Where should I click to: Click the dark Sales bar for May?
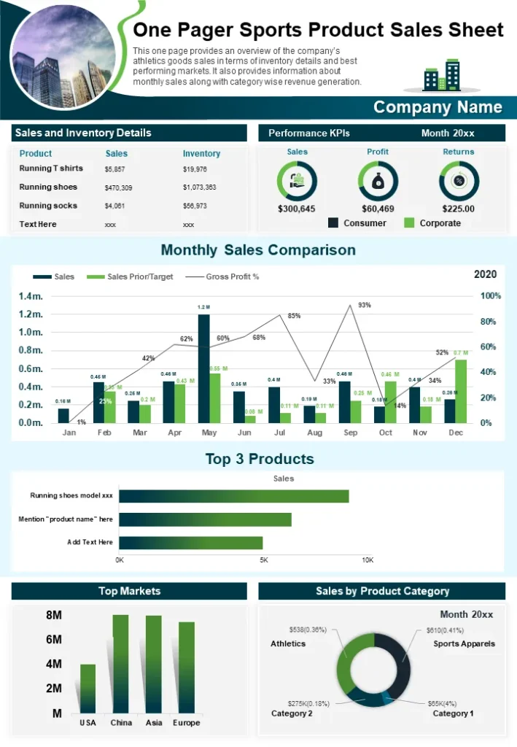(203, 368)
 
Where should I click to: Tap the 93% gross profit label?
(365, 305)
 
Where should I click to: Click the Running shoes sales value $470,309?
(119, 187)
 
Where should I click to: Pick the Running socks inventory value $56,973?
(195, 206)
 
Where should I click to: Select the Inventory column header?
(201, 154)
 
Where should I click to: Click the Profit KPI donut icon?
(378, 181)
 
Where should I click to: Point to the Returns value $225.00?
(458, 209)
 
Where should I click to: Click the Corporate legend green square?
(409, 222)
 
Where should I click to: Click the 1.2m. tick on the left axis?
(31, 314)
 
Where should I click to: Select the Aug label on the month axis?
(314, 433)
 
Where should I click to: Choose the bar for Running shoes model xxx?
(233, 496)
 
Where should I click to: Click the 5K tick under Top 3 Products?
(264, 560)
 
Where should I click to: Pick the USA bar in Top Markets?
(88, 688)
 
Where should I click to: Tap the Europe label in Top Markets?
(187, 723)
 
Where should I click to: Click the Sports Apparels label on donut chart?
(464, 644)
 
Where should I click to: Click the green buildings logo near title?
(442, 75)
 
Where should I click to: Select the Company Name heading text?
(438, 107)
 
